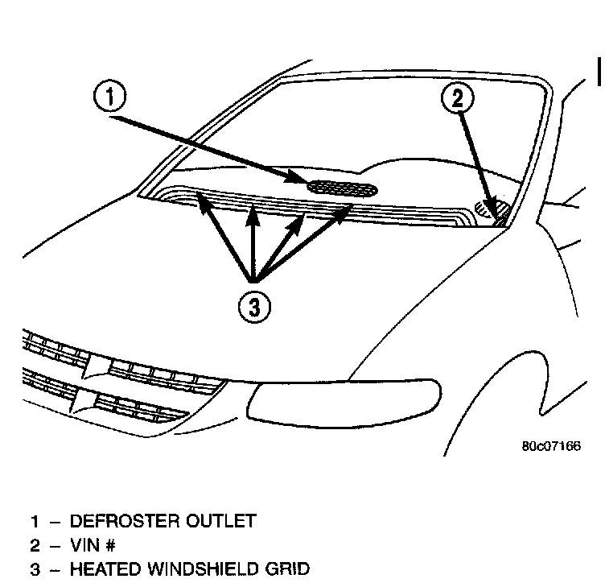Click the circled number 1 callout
[109, 98]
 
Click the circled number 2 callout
[457, 99]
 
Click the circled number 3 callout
[255, 306]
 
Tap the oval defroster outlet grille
[343, 189]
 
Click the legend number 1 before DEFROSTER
[35, 521]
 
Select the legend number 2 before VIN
[35, 545]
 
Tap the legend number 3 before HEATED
[35, 570]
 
